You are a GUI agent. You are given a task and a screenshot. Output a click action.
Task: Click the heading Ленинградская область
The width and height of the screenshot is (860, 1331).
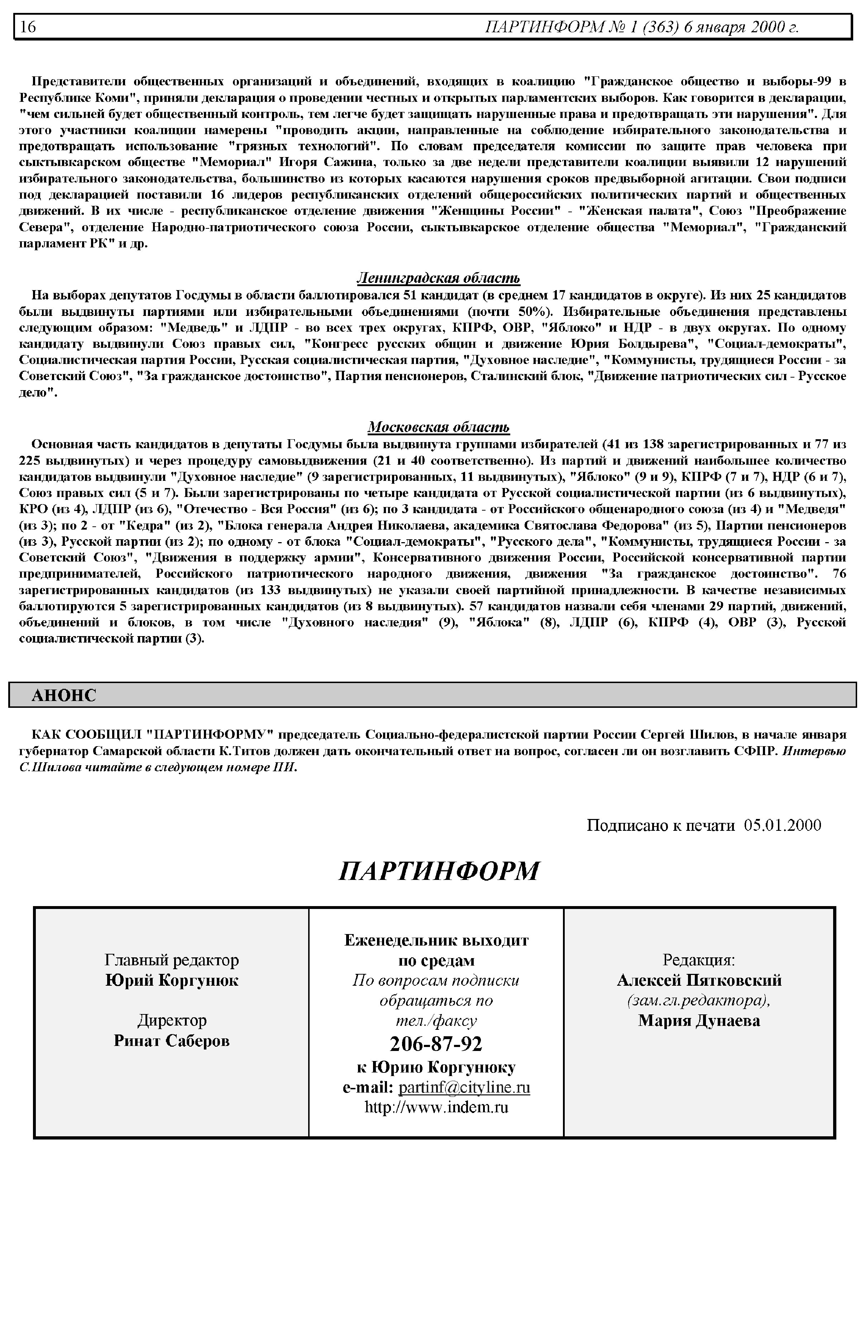click(x=438, y=278)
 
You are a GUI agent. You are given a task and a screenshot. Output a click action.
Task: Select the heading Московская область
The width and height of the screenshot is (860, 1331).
click(x=438, y=427)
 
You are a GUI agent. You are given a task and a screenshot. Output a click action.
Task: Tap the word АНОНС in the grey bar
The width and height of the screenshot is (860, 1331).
click(x=64, y=695)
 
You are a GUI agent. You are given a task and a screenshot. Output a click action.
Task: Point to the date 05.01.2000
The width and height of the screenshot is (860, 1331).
click(x=782, y=825)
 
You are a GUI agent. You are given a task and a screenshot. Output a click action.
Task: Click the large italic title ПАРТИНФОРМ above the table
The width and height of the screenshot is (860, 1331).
click(x=439, y=871)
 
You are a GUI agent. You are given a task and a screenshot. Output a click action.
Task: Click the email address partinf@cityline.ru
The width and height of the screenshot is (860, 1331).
click(x=464, y=1088)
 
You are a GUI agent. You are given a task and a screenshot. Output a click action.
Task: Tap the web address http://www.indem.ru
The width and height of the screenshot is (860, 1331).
click(x=436, y=1108)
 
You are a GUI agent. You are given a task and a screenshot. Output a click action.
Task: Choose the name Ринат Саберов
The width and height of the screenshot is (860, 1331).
click(x=171, y=1041)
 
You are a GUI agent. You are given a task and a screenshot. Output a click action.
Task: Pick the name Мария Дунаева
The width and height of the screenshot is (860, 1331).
click(x=699, y=1021)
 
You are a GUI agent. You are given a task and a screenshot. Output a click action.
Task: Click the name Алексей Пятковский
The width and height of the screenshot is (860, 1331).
click(x=699, y=981)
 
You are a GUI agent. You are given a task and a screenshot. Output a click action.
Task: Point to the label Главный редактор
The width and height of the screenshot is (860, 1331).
click(x=171, y=960)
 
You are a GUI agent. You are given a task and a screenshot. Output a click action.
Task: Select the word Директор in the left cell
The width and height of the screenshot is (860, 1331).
click(x=171, y=1020)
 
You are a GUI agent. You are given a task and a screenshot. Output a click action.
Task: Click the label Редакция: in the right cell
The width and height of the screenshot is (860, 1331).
click(x=699, y=960)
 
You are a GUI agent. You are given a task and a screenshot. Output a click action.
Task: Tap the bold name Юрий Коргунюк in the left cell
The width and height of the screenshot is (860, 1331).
click(x=171, y=981)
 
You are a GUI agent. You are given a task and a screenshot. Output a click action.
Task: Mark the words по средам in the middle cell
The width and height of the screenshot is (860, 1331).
click(x=436, y=961)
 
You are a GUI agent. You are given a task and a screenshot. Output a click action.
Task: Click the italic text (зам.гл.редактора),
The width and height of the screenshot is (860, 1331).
click(x=699, y=1001)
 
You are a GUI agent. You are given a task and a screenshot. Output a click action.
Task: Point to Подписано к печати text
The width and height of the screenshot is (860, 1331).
click(x=661, y=825)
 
